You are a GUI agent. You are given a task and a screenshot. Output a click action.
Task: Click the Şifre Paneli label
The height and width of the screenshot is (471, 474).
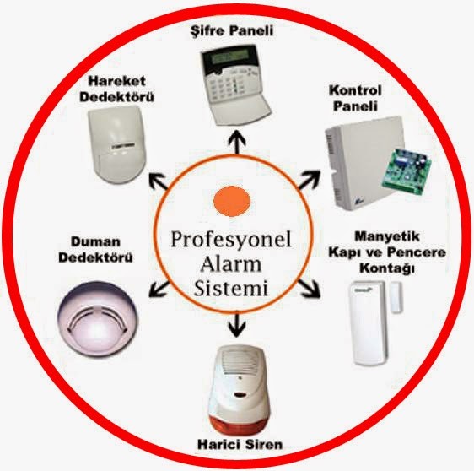(x=232, y=31)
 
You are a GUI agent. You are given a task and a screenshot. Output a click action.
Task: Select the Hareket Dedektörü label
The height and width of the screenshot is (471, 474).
(x=116, y=89)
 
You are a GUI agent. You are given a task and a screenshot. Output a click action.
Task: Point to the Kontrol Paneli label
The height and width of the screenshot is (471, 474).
(x=355, y=98)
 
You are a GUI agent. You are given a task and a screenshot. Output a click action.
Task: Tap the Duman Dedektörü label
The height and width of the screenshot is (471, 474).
(x=95, y=250)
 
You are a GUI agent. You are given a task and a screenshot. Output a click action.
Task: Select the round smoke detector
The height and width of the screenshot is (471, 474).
(x=97, y=317)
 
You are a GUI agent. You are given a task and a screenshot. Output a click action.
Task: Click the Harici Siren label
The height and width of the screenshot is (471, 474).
(x=240, y=445)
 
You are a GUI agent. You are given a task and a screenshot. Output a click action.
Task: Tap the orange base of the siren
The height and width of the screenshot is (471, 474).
(x=240, y=422)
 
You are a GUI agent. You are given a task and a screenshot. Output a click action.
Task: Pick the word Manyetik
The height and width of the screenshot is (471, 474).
(x=387, y=236)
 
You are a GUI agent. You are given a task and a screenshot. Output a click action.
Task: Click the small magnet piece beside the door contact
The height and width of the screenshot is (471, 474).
(x=396, y=297)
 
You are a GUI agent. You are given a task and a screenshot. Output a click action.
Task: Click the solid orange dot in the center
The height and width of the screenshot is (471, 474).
(x=232, y=201)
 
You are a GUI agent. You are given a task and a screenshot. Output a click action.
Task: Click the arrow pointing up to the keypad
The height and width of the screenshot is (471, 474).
(x=237, y=142)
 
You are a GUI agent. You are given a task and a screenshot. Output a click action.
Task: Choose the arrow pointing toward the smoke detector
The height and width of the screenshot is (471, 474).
(x=159, y=289)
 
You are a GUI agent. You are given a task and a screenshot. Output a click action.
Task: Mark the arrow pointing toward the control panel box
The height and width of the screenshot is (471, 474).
(x=309, y=179)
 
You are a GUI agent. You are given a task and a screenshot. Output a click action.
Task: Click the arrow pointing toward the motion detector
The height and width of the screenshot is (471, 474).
(x=159, y=181)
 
